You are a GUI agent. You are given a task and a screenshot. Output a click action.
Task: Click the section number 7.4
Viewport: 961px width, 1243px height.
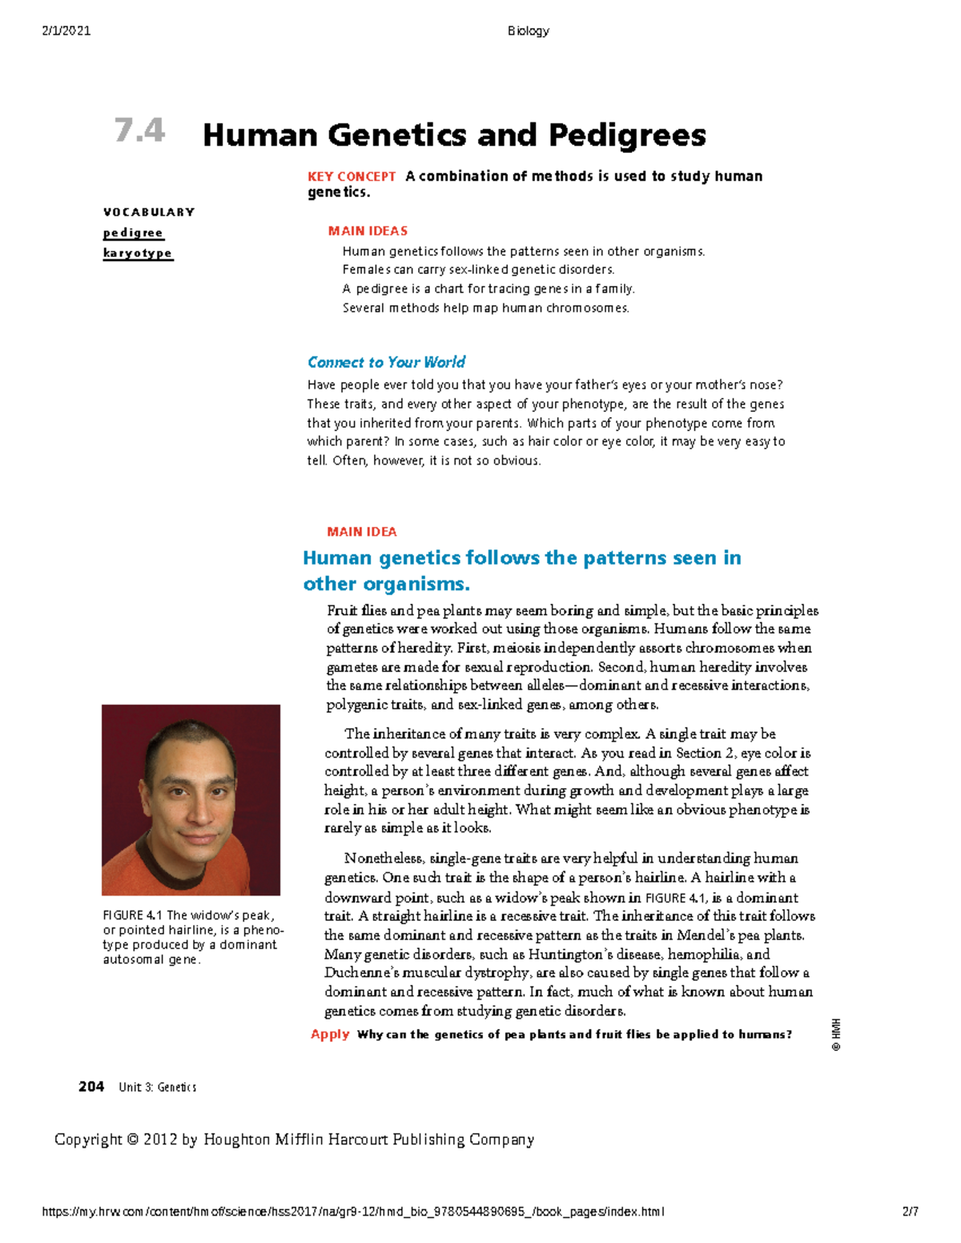point(139,131)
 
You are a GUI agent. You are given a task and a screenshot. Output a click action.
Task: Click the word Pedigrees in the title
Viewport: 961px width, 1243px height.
point(627,135)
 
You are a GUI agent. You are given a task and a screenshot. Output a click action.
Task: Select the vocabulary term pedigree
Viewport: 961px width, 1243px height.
point(133,233)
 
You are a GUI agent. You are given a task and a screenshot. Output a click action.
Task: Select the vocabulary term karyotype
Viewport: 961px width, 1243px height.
point(138,253)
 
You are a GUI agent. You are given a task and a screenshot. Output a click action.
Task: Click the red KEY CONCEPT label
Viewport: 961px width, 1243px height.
point(352,176)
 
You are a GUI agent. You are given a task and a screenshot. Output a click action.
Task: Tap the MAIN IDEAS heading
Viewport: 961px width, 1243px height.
point(368,231)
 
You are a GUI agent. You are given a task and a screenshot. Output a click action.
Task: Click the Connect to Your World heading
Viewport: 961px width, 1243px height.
point(386,362)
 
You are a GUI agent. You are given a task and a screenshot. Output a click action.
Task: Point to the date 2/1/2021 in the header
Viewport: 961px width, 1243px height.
point(66,31)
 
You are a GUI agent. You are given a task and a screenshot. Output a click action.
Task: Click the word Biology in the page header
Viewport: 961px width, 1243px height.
point(528,31)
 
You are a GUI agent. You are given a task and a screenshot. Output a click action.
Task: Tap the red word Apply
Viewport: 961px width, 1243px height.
point(330,1034)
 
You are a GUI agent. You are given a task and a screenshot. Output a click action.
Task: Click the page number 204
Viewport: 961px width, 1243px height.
point(91,1087)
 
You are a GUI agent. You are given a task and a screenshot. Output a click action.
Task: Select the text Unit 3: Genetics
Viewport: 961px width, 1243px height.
point(157,1088)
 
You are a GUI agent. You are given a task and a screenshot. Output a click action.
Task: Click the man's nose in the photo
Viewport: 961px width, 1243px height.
point(188,809)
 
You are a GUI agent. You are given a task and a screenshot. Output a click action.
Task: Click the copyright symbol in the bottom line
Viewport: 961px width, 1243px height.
point(132,1140)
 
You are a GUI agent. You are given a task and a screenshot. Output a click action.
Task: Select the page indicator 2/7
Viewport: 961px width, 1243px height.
point(910,1212)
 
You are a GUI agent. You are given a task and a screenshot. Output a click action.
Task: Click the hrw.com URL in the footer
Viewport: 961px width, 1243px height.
point(352,1212)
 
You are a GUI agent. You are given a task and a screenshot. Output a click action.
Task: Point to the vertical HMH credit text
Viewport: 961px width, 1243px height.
point(835,1035)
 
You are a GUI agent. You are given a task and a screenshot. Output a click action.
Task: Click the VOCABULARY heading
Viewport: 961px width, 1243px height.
point(149,212)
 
